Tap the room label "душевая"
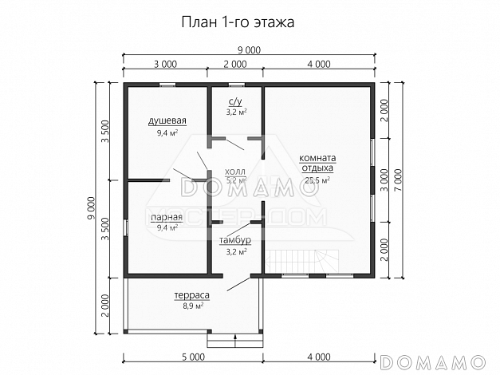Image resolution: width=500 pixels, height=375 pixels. point(167,121)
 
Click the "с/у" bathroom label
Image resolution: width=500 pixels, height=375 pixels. point(235,102)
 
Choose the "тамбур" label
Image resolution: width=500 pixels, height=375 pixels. point(235,240)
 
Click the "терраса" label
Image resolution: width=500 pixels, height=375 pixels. point(191,294)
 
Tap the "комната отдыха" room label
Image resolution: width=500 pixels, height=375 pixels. point(317,163)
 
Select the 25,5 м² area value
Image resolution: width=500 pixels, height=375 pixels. point(317,180)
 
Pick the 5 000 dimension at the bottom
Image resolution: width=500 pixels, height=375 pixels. point(193,356)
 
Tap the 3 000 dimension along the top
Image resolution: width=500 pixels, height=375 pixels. point(165,63)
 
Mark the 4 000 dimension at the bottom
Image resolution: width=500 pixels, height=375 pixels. point(317,356)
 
